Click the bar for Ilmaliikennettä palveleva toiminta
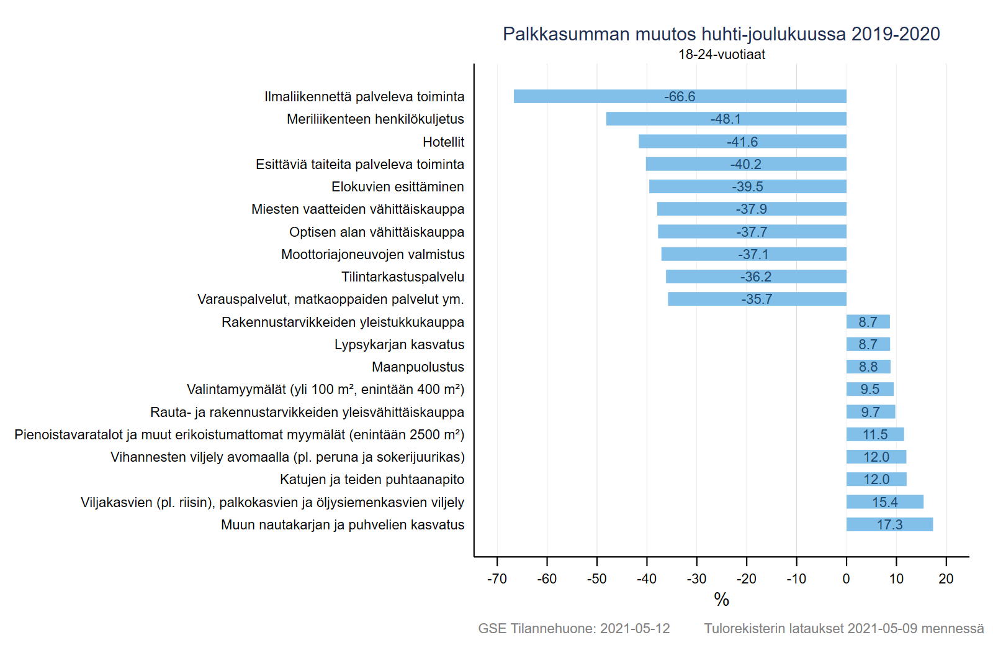pos(680,96)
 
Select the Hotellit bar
pos(742,142)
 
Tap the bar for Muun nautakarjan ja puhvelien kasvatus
pos(890,524)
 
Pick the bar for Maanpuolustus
pos(868,367)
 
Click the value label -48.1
pos(726,119)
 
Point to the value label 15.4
pos(885,502)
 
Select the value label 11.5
pos(875,434)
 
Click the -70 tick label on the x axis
pos(497,578)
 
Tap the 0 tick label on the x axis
pos(847,578)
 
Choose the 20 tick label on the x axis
pos(946,578)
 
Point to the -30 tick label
pos(696,578)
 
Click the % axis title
pos(722,600)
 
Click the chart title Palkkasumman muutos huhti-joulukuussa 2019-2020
pos(721,34)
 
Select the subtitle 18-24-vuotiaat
pos(722,55)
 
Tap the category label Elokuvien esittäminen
pos(398,187)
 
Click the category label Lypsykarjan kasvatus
pos(400,345)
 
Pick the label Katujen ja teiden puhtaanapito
pos(372,480)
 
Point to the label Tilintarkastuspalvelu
pos(403,277)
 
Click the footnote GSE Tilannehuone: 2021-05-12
pos(574,628)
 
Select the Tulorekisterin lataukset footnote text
pos(844,628)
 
